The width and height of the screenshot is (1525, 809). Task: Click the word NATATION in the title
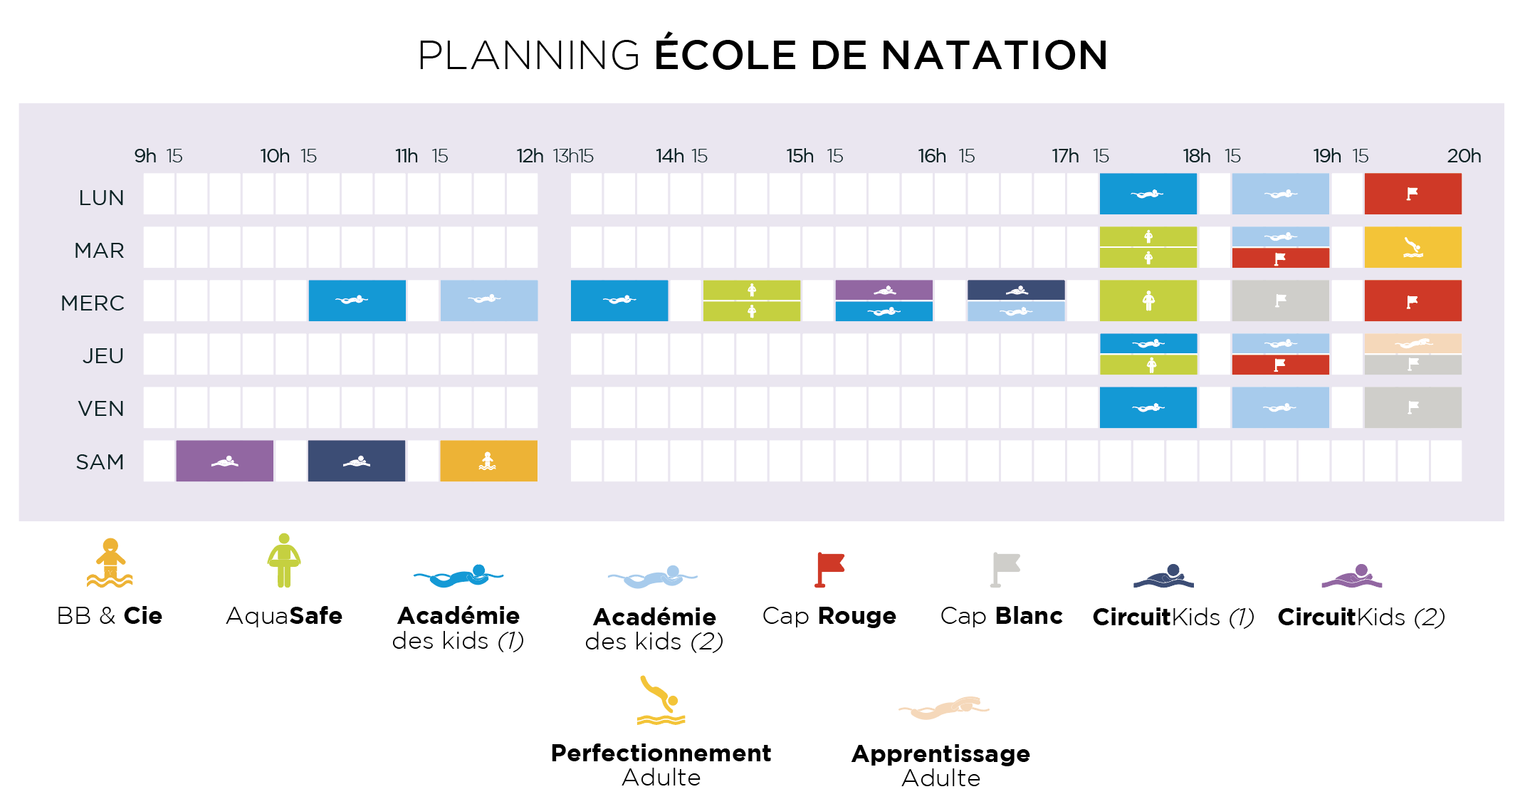(x=995, y=56)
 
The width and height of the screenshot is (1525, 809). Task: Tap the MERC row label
(x=93, y=303)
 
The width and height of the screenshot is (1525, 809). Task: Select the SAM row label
(x=100, y=462)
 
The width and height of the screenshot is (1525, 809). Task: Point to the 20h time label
(x=1464, y=156)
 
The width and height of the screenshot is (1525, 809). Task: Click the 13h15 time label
(x=573, y=156)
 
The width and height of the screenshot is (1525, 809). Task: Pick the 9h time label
(x=145, y=156)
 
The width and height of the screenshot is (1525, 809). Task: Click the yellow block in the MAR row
(x=1413, y=247)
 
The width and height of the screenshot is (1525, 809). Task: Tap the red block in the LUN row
(x=1413, y=194)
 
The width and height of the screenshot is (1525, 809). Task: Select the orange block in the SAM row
(x=488, y=461)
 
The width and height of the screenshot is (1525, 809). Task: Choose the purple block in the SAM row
(x=224, y=461)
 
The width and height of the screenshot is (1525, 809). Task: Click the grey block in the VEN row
(x=1413, y=407)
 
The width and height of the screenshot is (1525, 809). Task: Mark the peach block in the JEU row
(x=1413, y=343)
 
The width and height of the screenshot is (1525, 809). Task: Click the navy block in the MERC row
(x=1016, y=290)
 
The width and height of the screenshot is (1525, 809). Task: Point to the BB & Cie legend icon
(x=110, y=563)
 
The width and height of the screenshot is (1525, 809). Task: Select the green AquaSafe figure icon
(x=284, y=560)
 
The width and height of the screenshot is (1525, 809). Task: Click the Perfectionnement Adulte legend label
(x=661, y=765)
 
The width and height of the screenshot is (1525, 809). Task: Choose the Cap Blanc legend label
(x=1001, y=615)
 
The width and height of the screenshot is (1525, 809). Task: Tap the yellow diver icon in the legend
(x=661, y=700)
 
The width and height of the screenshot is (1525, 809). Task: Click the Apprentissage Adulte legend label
(x=940, y=766)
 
